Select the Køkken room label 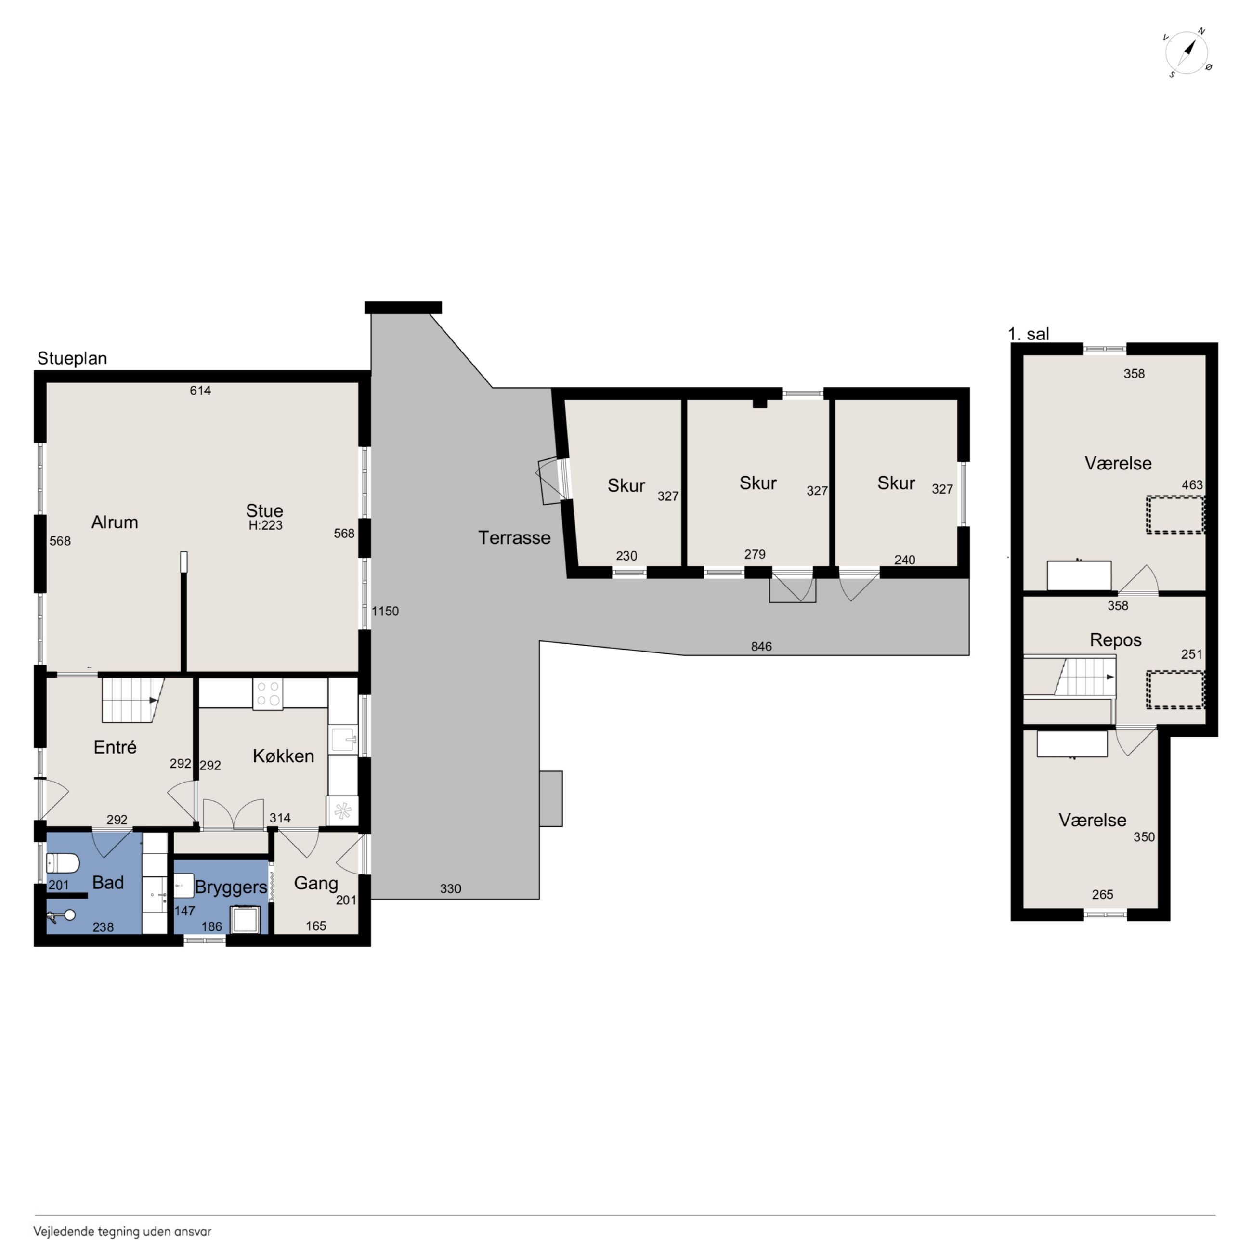tap(283, 756)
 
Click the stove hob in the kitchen tap(268, 694)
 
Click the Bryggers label tap(231, 887)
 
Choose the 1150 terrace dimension tap(385, 611)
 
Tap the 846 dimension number tap(761, 646)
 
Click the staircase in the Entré tap(133, 700)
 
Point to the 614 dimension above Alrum tap(200, 390)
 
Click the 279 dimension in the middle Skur tap(755, 554)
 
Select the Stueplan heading tap(72, 358)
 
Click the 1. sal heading tap(1029, 334)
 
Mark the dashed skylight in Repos tap(1175, 690)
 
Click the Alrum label tap(115, 522)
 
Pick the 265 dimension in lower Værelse tap(1102, 895)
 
